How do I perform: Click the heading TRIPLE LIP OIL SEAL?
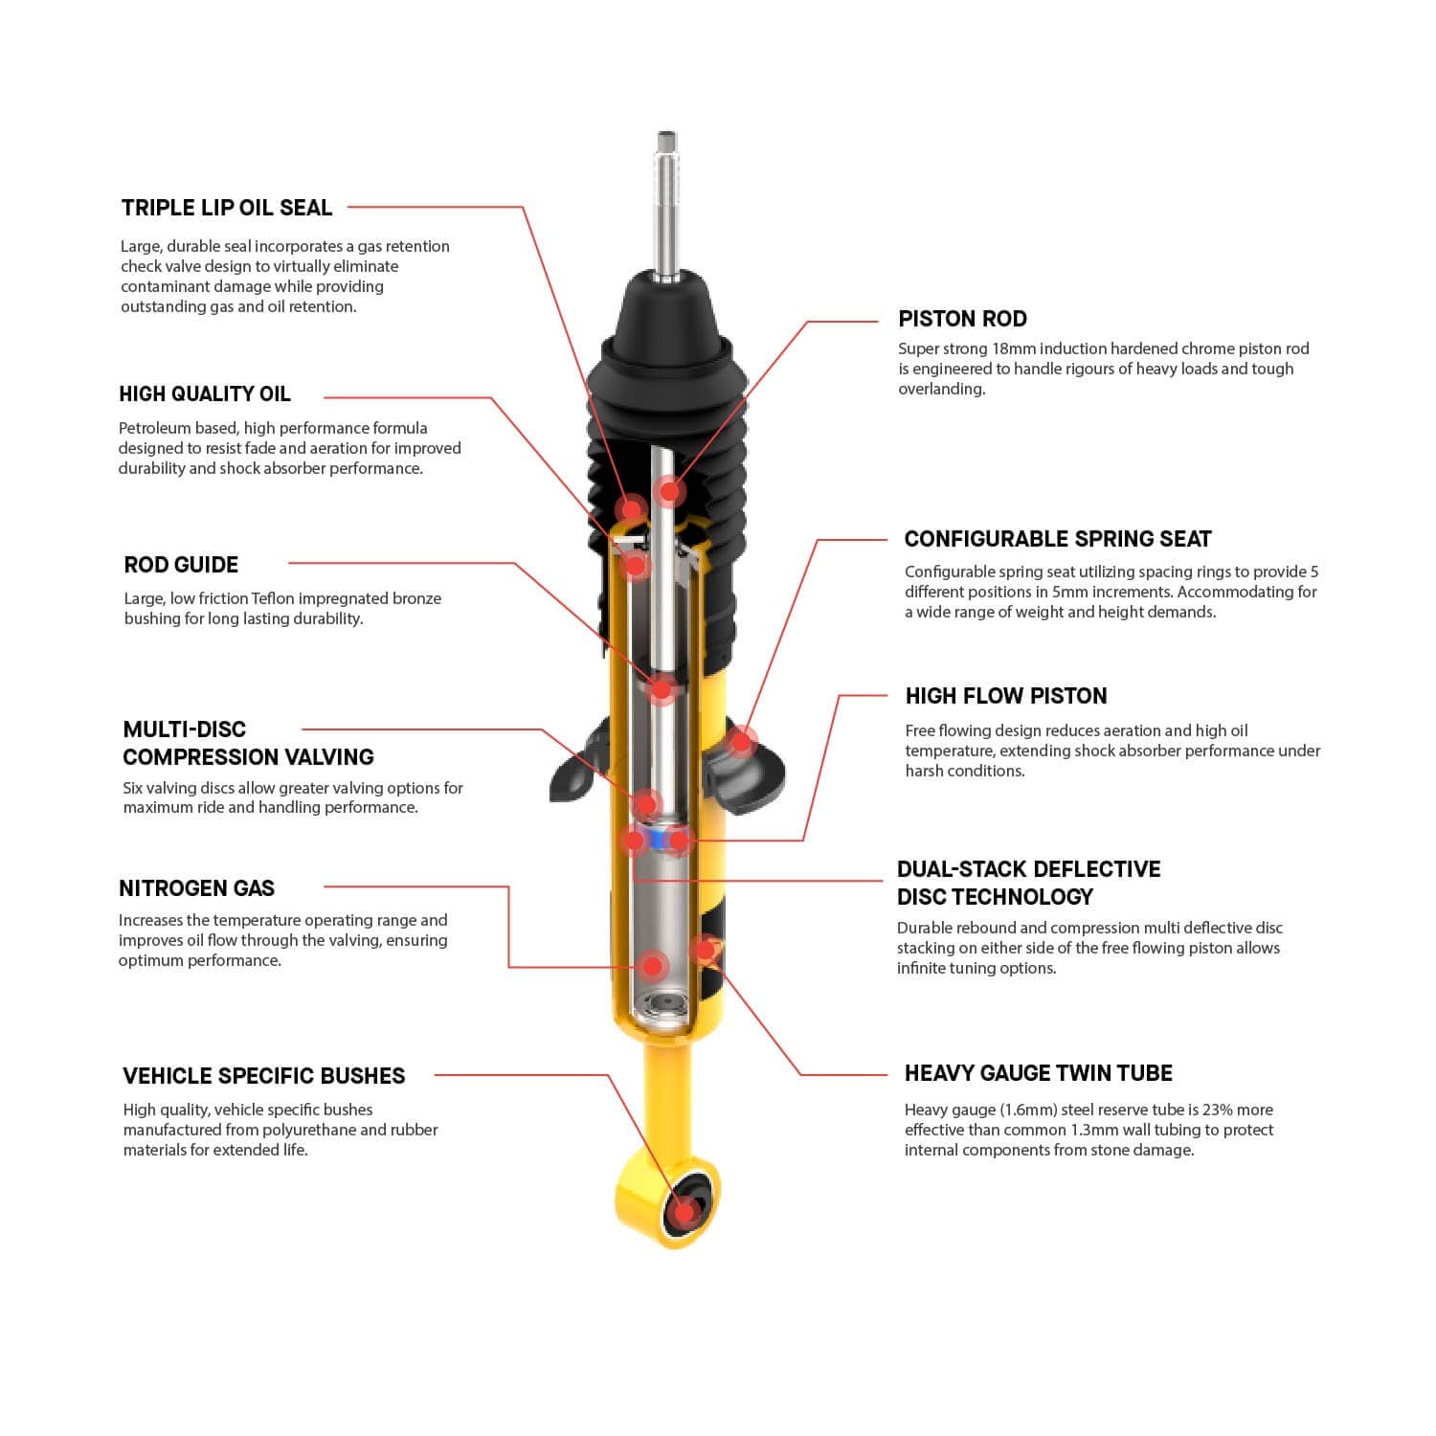tap(226, 208)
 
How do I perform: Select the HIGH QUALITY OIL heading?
tap(204, 394)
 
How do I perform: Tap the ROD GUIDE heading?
tap(181, 565)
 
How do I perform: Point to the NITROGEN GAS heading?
tap(196, 888)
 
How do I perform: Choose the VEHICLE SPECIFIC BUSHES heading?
tap(263, 1076)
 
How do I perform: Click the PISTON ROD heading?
tap(962, 319)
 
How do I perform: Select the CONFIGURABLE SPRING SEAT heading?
tap(1057, 539)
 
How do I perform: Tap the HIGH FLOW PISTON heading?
tap(1005, 696)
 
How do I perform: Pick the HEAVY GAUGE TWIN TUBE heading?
tap(1038, 1073)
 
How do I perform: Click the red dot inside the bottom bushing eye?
tap(684, 1213)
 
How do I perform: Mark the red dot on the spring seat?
tap(740, 740)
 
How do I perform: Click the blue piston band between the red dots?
tap(657, 841)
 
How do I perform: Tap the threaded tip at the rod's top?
tap(667, 144)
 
